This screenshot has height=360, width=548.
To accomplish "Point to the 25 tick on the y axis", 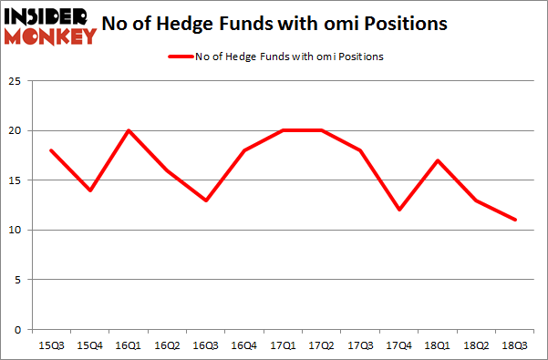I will coord(16,81).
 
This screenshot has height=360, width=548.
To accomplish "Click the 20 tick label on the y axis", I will coord(16,130).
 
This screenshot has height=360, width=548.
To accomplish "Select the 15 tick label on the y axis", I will coord(16,180).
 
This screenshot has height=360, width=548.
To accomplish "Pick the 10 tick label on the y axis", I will coord(16,230).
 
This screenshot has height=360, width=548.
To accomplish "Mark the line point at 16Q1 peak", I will coord(129,130).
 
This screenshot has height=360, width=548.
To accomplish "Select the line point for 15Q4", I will coord(91,190).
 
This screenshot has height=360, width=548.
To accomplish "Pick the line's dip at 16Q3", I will coord(205,201).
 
